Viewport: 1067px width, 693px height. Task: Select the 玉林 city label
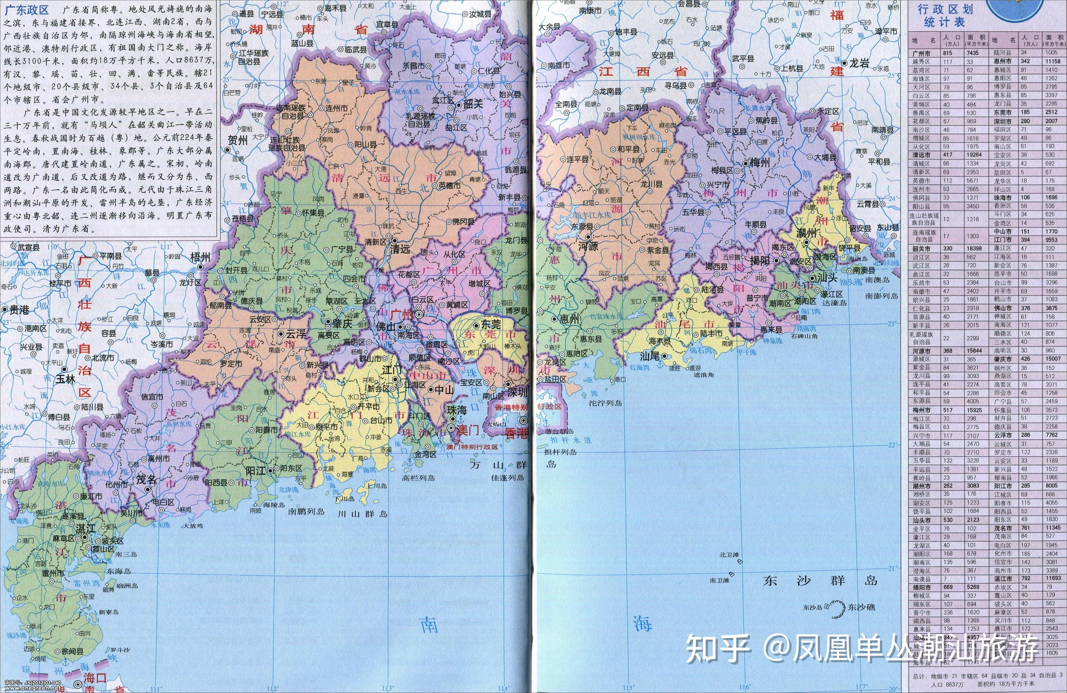(65, 379)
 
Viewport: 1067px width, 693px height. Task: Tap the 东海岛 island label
(119, 571)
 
